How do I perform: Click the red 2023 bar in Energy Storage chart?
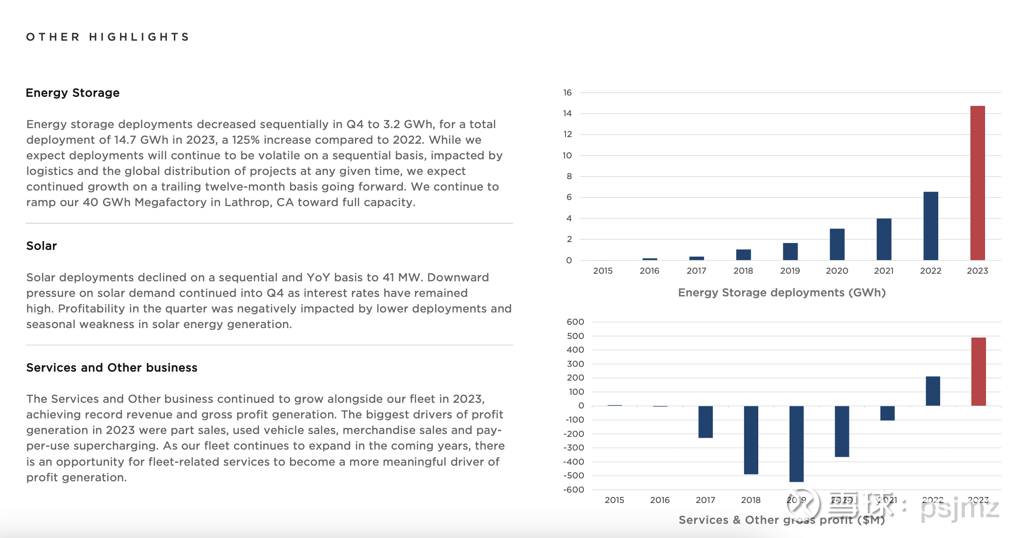[x=978, y=183]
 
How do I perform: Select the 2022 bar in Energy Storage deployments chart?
[x=931, y=226]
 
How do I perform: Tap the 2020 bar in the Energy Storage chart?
[x=837, y=244]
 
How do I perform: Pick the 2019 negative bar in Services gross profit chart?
[x=797, y=444]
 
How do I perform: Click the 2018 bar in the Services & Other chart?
[x=751, y=440]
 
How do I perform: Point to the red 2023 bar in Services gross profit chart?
[x=978, y=372]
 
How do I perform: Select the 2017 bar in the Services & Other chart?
[x=706, y=422]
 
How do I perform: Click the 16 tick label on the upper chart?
[x=567, y=93]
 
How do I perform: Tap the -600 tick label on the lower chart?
[x=574, y=490]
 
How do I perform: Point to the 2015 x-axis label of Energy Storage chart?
[x=603, y=271]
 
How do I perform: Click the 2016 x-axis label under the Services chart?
[x=660, y=500]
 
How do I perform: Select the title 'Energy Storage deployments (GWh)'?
[x=782, y=293]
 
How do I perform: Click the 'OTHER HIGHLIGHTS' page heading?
[x=108, y=37]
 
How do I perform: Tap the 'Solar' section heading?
[x=42, y=246]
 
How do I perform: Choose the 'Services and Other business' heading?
[x=112, y=368]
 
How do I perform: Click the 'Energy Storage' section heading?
[x=73, y=93]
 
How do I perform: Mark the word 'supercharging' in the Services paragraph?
[x=116, y=446]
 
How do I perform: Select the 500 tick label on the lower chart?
[x=575, y=336]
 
